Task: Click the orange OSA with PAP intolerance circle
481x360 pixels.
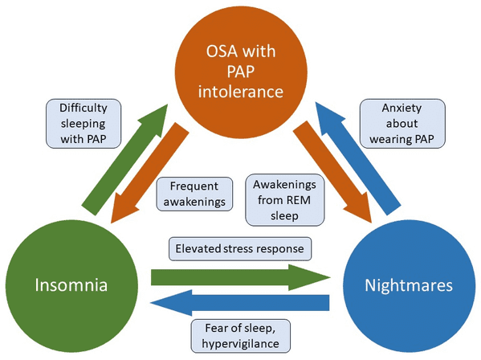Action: pos(241,72)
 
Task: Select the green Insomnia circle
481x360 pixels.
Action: pos(71,286)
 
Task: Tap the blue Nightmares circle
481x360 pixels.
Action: pos(410,286)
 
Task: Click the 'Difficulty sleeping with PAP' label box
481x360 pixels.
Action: pos(84,124)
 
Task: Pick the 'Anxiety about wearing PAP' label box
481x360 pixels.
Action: pos(402,124)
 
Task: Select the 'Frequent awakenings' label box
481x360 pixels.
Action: pos(194,194)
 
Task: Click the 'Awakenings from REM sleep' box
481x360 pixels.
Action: pos(285,200)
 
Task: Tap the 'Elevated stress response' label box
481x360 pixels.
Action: pos(240,249)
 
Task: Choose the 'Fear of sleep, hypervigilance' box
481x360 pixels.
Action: pos(241,336)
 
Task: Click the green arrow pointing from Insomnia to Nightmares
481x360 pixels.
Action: pos(241,278)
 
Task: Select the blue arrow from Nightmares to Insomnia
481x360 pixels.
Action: pos(239,303)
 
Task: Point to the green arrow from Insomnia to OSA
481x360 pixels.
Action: pos(125,160)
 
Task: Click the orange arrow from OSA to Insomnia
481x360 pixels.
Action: pos(149,173)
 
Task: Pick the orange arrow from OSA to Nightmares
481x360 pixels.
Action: pos(332,172)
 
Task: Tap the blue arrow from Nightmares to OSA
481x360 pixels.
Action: pos(358,158)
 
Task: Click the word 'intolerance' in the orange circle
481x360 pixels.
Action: pos(241,92)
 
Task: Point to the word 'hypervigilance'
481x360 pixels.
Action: pos(241,344)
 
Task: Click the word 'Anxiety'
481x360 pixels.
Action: pos(402,108)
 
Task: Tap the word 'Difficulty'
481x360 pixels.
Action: pos(84,108)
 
